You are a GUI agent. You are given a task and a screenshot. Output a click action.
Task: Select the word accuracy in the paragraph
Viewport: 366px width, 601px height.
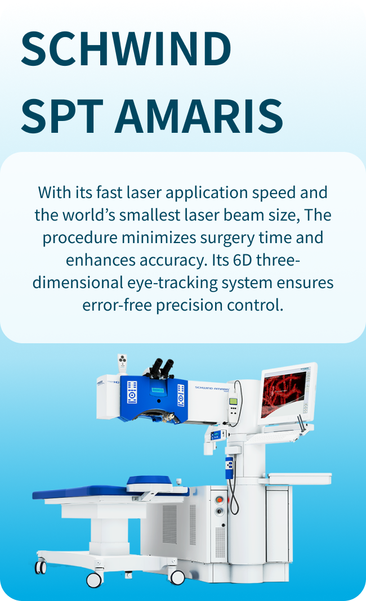[174, 260]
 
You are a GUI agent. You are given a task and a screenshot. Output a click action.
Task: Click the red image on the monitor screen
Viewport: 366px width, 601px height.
[285, 391]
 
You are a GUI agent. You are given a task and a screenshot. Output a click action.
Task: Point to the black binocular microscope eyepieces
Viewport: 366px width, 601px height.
[160, 367]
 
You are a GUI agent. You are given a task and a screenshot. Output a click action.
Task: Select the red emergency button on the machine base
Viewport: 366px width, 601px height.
[219, 500]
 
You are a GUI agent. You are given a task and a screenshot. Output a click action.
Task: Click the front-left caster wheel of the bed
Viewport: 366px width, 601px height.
[41, 567]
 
